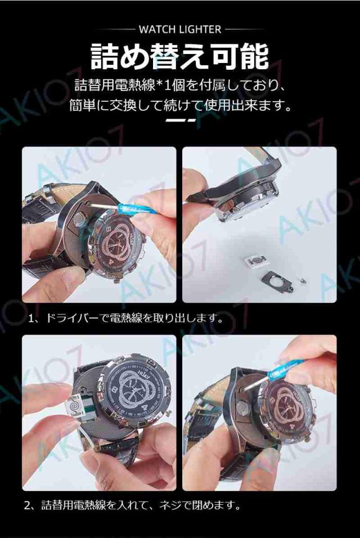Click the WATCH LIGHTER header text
180,29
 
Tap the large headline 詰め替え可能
179,56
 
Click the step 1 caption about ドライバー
125,319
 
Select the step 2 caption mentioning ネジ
132,505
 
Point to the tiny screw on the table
303,280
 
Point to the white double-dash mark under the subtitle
180,120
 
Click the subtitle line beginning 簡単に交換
180,105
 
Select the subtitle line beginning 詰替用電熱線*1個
179,85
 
